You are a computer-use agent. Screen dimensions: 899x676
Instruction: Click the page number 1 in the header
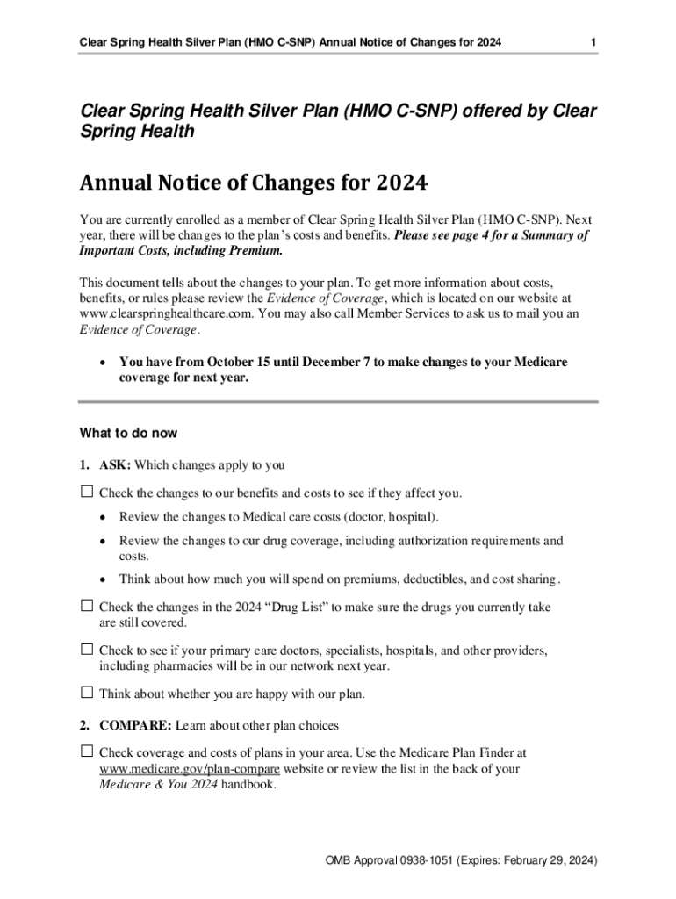pyautogui.click(x=594, y=42)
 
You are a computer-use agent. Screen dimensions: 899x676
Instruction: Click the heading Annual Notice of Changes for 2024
pyautogui.click(x=254, y=184)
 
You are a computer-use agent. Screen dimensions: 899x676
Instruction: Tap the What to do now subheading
pyautogui.click(x=128, y=433)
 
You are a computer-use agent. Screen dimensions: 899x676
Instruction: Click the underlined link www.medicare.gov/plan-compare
pyautogui.click(x=190, y=769)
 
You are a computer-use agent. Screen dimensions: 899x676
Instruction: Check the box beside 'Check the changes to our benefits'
pyautogui.click(x=86, y=492)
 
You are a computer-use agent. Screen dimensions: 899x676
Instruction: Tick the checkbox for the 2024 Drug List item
pyautogui.click(x=86, y=606)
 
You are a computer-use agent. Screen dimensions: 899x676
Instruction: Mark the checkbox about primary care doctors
pyautogui.click(x=86, y=650)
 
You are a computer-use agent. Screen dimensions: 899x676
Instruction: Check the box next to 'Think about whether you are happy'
pyautogui.click(x=86, y=693)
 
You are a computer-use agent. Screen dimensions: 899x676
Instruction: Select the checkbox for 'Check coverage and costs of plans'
pyautogui.click(x=86, y=752)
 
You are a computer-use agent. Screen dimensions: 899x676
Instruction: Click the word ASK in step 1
pyautogui.click(x=115, y=464)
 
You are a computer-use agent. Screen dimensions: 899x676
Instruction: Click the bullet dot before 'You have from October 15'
pyautogui.click(x=103, y=363)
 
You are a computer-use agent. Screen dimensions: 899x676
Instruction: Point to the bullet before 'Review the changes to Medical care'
pyautogui.click(x=103, y=517)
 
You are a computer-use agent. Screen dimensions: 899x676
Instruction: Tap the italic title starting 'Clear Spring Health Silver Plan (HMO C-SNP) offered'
pyautogui.click(x=338, y=121)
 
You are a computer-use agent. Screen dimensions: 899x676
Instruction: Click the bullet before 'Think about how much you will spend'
pyautogui.click(x=103, y=579)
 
